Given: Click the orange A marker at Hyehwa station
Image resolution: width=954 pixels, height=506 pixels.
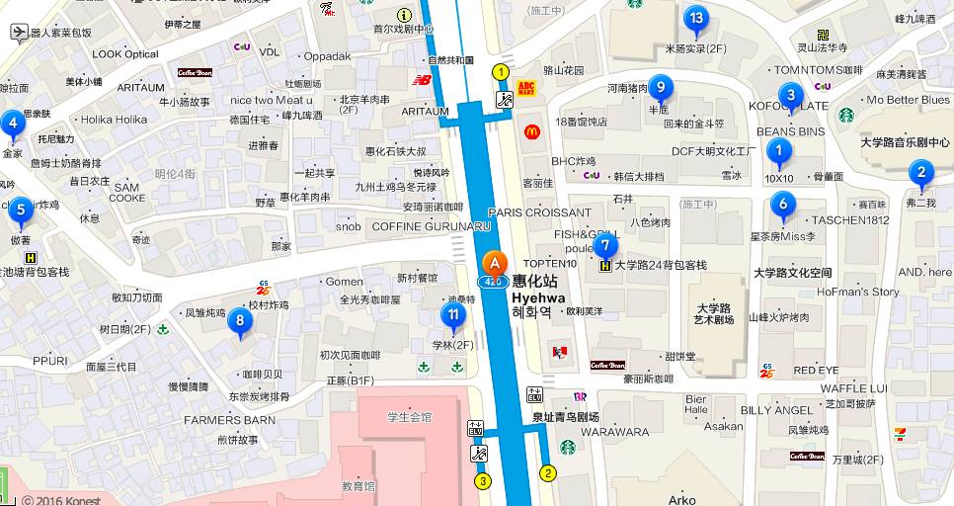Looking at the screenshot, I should point(494,265).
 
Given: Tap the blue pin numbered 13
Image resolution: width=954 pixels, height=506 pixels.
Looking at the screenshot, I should point(695,19).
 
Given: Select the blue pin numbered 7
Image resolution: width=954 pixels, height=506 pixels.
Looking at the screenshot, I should point(606,245).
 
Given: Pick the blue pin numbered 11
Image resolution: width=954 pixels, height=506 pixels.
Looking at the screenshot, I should point(452,316).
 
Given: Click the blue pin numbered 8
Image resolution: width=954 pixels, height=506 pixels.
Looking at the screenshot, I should point(238,320).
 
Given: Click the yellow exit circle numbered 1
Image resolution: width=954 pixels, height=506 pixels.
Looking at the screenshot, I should point(501,71).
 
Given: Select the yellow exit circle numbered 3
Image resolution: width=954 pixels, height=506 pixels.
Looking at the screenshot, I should point(483,481).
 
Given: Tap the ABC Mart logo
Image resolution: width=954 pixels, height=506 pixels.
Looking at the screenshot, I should point(525,89).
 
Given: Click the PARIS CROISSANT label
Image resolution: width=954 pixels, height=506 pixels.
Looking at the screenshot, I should point(539,212).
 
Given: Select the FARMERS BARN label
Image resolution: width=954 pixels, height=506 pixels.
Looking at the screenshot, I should point(229,420).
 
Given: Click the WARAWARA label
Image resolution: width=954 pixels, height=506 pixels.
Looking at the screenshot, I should point(614,432).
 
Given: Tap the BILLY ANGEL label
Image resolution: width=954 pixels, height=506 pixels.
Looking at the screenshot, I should point(776,410).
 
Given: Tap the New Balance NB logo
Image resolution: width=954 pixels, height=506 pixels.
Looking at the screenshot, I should point(422,80).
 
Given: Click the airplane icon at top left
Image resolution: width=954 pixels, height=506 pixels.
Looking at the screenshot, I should point(18,32).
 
